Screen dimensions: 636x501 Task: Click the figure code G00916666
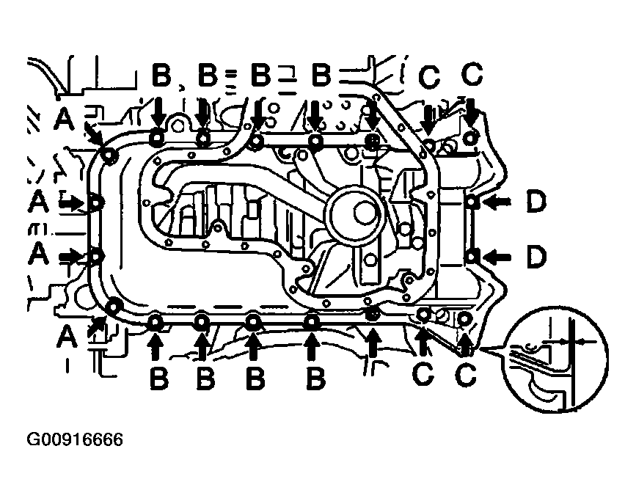pyautogui.click(x=75, y=439)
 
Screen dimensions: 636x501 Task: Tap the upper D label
pyautogui.click(x=536, y=202)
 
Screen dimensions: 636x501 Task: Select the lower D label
pyautogui.click(x=536, y=257)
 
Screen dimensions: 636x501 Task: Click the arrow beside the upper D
pyautogui.click(x=497, y=202)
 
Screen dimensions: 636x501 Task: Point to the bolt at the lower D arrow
pyautogui.click(x=472, y=257)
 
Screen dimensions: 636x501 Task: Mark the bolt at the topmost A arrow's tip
pyautogui.click(x=109, y=156)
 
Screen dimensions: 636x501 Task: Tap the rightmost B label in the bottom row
pyautogui.click(x=316, y=378)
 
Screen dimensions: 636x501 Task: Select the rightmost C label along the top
pyautogui.click(x=472, y=74)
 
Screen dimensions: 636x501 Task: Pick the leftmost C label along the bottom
pyautogui.click(x=423, y=373)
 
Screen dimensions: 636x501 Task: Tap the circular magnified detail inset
pyautogui.click(x=556, y=360)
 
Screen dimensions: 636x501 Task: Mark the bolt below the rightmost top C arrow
pyautogui.click(x=470, y=138)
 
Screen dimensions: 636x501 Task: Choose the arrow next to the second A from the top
pyautogui.click(x=71, y=203)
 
